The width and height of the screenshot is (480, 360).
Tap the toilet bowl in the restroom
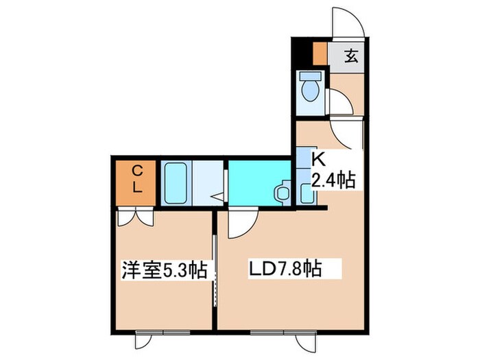click(x=311, y=91)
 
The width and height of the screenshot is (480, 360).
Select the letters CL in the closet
click(x=137, y=178)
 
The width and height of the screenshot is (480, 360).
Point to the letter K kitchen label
click(x=318, y=159)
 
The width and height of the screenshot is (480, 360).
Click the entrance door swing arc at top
click(x=348, y=21)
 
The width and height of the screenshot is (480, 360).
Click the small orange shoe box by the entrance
click(x=319, y=53)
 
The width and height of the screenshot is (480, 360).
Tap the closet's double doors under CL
click(x=136, y=217)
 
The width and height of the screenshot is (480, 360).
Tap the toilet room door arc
click(x=341, y=103)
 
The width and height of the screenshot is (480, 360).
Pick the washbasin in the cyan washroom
click(x=281, y=192)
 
